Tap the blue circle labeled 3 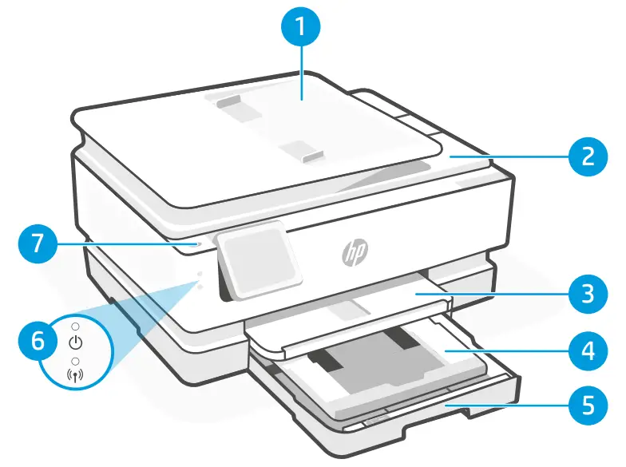tap(588, 294)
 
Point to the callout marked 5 tap(588, 405)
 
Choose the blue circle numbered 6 tap(38, 344)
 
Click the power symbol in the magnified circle tap(76, 344)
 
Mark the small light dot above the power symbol tap(76, 328)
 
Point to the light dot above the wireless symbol tap(76, 362)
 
